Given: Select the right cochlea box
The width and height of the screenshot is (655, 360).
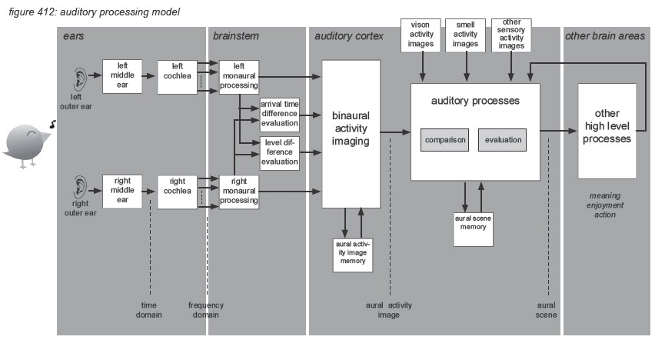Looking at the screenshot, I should pos(178,192).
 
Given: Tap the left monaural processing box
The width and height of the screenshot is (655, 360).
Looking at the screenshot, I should pos(240,77).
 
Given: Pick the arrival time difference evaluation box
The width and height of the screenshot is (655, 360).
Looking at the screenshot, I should pos(280,114).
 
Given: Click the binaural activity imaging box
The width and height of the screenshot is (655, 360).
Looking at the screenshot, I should pos(351,135).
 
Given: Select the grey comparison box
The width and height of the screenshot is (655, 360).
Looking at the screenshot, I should pos(444,140).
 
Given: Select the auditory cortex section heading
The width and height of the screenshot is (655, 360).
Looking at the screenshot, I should pos(347,35).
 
